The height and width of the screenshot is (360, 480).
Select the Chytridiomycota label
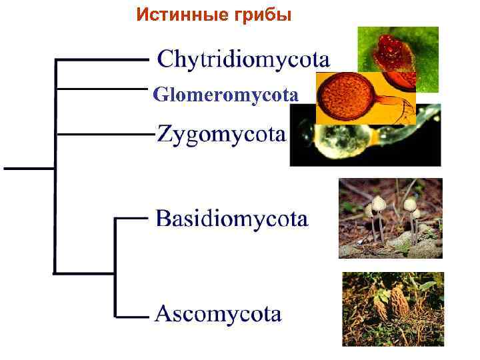pos(243,60)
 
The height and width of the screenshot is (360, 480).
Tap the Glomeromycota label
pos(225,95)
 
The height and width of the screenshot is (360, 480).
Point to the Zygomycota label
pos(221,135)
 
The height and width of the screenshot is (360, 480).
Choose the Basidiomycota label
pos(231,219)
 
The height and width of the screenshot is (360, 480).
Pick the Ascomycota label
pos(218,313)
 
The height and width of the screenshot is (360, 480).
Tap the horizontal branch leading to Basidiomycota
pos(131,217)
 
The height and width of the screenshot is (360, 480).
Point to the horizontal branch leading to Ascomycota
pos(131,315)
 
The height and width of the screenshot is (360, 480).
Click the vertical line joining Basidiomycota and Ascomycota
pos(116,267)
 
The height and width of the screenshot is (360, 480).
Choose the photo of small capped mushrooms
pos(390,218)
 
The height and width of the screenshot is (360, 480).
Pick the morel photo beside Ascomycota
pos(393,309)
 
